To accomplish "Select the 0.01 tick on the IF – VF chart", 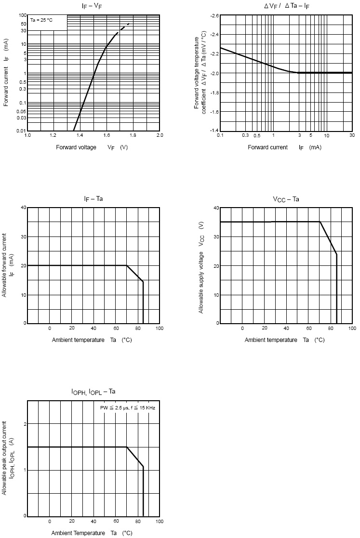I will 21,131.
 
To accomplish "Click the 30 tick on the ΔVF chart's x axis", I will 352,136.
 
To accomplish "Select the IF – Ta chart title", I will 93,198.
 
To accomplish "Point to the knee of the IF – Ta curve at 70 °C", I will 127,265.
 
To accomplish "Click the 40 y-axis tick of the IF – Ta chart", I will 22,208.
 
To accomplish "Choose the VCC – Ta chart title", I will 286,198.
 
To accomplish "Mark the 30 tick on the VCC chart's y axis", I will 215,236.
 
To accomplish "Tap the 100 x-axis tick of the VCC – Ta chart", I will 352,328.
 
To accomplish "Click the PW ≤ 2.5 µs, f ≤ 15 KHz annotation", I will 127,407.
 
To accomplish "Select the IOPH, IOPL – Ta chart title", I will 93,392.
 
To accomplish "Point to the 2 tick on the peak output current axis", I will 23,423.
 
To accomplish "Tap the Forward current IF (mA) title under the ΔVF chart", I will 284,147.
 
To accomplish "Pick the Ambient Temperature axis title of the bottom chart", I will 92,533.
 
